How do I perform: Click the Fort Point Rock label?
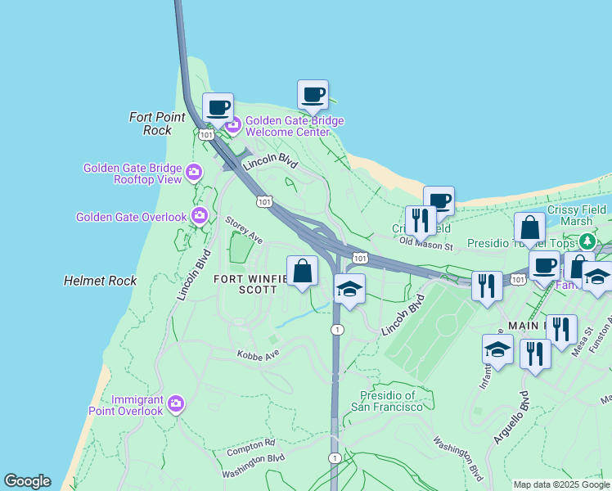[x=151, y=124]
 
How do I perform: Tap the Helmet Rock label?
[x=101, y=281]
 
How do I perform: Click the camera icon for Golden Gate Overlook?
[x=199, y=216]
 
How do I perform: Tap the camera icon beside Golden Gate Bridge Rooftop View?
[x=194, y=172]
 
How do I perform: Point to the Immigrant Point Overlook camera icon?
[x=175, y=403]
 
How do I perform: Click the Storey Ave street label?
[x=244, y=229]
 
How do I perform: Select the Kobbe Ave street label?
[x=258, y=354]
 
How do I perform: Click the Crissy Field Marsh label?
[x=576, y=215]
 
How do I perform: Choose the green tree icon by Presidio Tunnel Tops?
[x=587, y=242]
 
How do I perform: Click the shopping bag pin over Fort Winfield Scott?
[x=302, y=271]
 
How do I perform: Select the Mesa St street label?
[x=587, y=340]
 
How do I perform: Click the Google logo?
[x=27, y=481]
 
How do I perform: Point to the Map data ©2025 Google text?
[x=561, y=484]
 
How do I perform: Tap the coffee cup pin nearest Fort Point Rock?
[x=218, y=108]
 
